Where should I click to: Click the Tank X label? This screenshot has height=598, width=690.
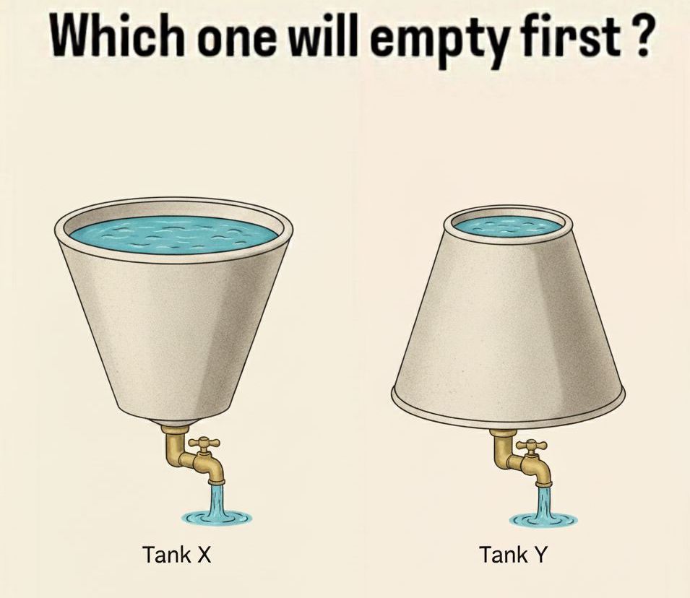pos(177,554)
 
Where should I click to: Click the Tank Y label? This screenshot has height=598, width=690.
pos(513,554)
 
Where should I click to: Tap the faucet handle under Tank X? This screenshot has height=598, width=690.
pos(203,443)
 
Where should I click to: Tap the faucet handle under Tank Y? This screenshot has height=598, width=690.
pos(532,446)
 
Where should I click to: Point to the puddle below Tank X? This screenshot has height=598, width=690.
pos(217,518)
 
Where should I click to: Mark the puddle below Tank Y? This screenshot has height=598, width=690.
pos(544,520)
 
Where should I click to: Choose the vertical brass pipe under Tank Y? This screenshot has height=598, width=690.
pos(501,448)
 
